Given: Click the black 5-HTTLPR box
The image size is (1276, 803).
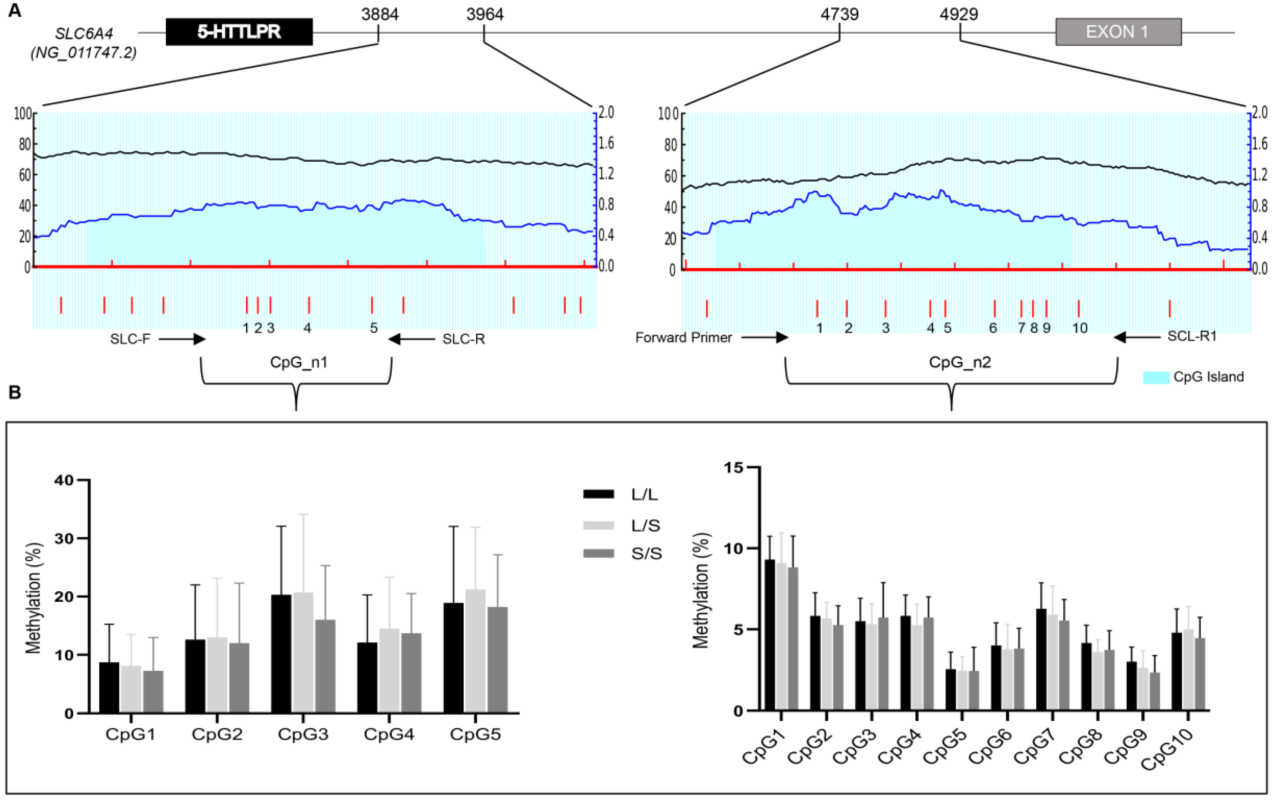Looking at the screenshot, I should pos(239,32).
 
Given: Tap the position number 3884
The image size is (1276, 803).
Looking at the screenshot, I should pos(379,14).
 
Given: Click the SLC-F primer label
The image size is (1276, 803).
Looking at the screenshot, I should pos(130,339).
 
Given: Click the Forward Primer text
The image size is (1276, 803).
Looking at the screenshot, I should pos(683,337).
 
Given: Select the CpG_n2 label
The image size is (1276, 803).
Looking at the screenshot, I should pos(959,362).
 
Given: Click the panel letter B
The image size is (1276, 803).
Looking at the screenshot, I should pos(14,392).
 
